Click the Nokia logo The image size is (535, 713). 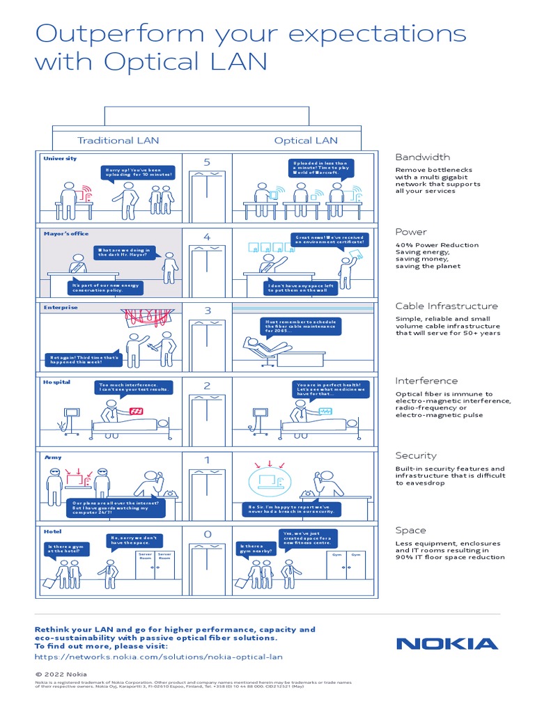tap(447, 643)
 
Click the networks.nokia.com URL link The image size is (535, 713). tap(159, 657)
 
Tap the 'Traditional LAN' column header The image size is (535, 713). tap(118, 141)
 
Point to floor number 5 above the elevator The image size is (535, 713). tap(207, 162)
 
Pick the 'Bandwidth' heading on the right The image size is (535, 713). tap(423, 157)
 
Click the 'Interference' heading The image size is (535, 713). tap(426, 381)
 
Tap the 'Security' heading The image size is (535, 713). tap(416, 455)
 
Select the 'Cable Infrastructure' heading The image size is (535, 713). tap(447, 306)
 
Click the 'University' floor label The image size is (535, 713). tap(60, 159)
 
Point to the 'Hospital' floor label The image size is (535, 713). tap(57, 382)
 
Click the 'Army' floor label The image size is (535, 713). tap(53, 457)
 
